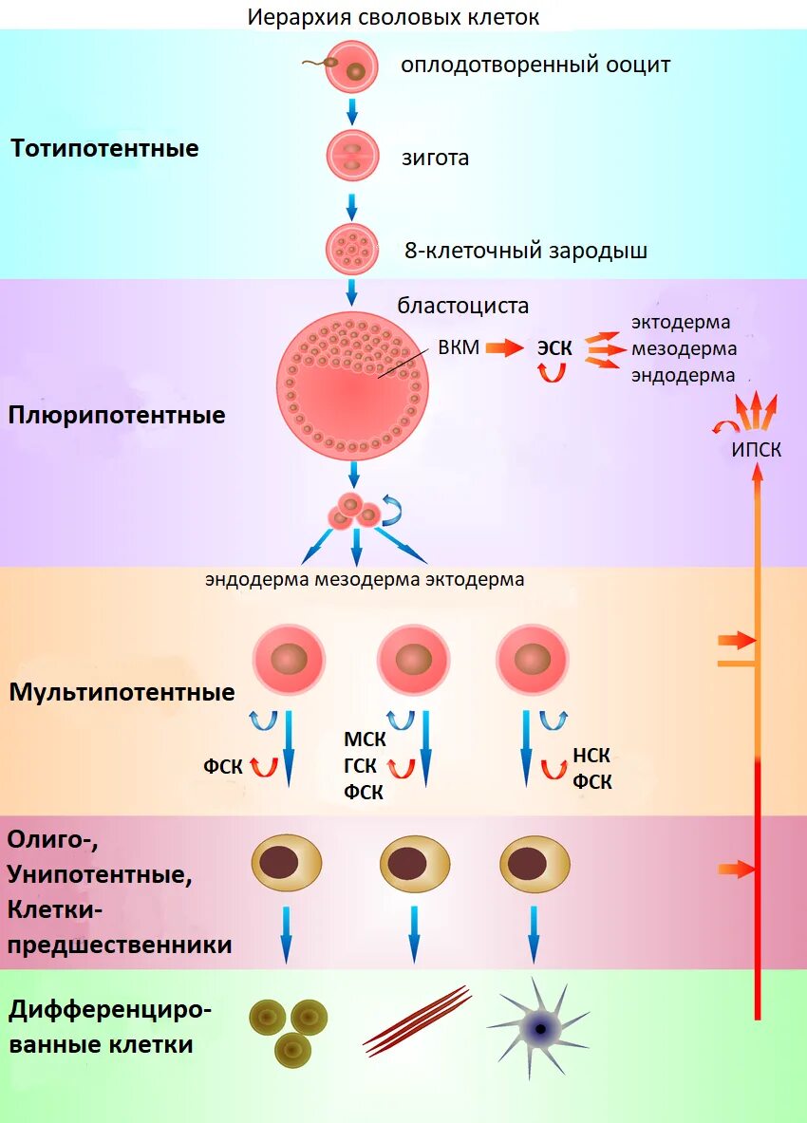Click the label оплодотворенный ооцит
(535, 66)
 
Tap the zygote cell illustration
(352, 157)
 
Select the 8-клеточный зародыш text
(526, 251)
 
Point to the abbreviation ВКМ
(458, 347)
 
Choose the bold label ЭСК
(554, 348)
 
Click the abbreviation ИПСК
(757, 450)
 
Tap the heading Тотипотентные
(104, 148)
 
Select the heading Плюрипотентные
(118, 415)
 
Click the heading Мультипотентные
(122, 692)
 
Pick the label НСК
(591, 757)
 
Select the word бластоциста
(462, 306)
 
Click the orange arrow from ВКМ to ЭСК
(504, 348)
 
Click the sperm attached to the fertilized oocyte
(317, 64)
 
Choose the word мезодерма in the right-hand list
(684, 348)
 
